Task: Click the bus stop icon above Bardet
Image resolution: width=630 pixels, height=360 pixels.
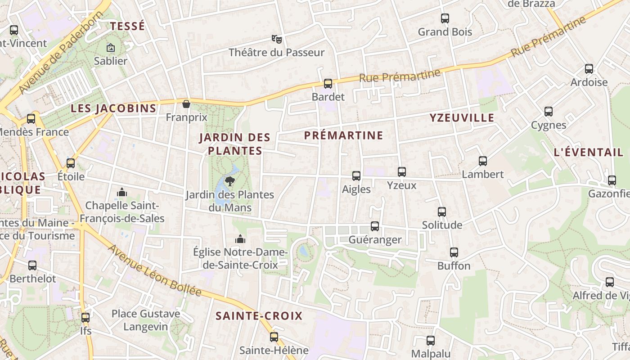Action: click(328, 83)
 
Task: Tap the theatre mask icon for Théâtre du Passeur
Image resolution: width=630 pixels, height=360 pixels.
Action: click(276, 39)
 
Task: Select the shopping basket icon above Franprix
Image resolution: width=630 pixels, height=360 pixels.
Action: click(186, 104)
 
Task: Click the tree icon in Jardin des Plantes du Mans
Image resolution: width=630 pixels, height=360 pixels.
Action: click(230, 181)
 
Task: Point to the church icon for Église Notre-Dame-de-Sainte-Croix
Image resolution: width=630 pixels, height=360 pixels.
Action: click(240, 238)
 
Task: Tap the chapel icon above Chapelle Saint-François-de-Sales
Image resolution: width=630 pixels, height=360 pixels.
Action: click(122, 193)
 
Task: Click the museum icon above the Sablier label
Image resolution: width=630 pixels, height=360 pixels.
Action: click(110, 47)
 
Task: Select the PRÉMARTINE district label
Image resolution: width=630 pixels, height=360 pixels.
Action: click(344, 135)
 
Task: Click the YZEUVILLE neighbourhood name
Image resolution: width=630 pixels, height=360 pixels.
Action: click(462, 118)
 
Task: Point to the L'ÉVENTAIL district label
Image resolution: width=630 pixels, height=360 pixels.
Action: click(589, 152)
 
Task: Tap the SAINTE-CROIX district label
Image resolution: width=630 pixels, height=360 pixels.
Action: click(259, 316)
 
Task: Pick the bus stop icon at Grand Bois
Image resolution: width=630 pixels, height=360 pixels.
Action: click(445, 18)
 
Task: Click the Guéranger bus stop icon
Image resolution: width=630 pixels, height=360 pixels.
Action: click(375, 226)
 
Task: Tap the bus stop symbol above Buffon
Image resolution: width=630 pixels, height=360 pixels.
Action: click(454, 252)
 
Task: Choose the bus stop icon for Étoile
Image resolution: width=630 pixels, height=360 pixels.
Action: click(71, 163)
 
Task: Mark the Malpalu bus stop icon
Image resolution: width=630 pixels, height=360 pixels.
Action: click(431, 341)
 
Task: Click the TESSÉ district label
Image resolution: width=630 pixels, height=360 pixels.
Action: click(128, 26)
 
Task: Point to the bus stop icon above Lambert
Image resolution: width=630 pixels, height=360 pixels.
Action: click(483, 161)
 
